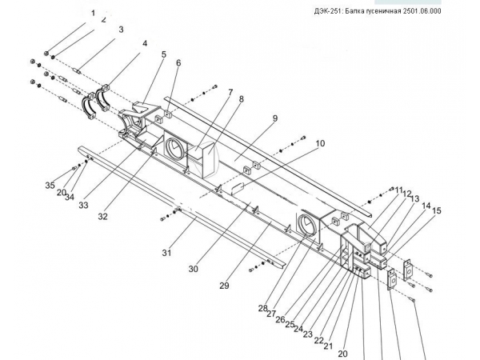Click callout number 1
(93, 14)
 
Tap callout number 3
(121, 30)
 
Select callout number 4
(145, 43)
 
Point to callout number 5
(164, 54)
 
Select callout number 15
(437, 211)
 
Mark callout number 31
(166, 253)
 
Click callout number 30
(194, 270)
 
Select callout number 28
(262, 308)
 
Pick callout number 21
(329, 346)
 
